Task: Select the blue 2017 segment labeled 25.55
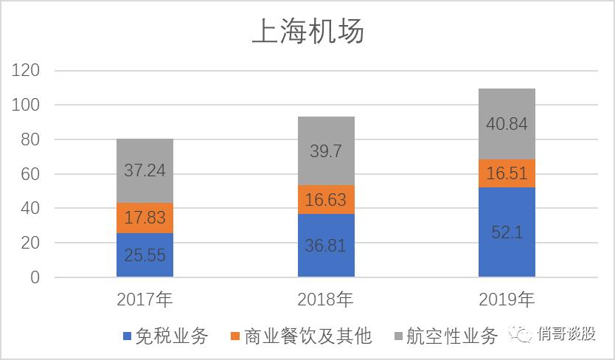click(145, 255)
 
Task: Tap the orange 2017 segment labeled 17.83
click(145, 218)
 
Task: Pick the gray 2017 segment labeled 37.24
click(145, 170)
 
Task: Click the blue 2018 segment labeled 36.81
click(326, 246)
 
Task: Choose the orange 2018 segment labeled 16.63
click(326, 200)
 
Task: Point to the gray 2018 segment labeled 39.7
click(326, 151)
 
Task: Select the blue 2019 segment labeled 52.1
click(507, 232)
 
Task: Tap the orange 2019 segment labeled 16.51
click(507, 173)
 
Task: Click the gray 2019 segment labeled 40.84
click(507, 124)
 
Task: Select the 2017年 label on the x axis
click(145, 300)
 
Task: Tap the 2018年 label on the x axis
click(326, 300)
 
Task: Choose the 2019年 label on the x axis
click(507, 300)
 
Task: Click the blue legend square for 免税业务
click(127, 337)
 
